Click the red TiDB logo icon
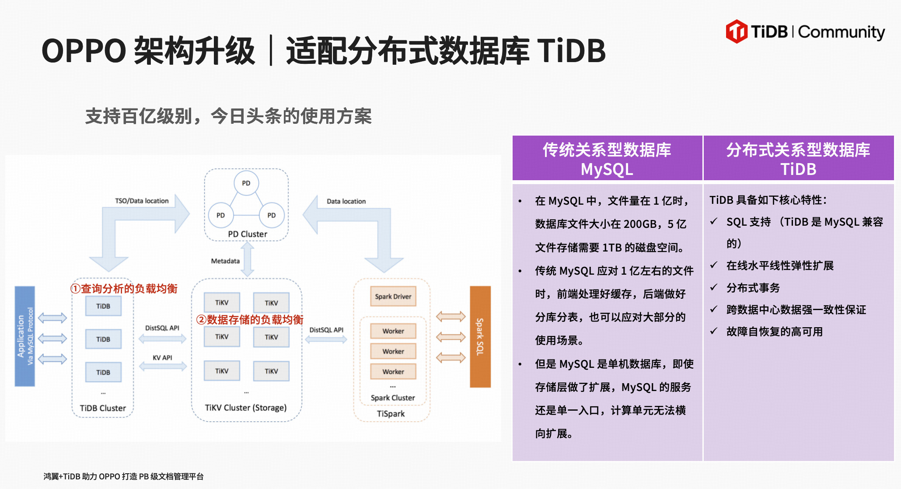coord(737,31)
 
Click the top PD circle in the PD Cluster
coord(246,183)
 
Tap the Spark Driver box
coord(393,297)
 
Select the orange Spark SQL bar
coord(480,336)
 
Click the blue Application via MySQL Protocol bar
coord(25,336)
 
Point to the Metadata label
coord(225,261)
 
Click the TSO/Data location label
coord(142,201)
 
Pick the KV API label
coord(162,357)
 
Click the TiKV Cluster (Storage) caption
coord(246,408)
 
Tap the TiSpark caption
coord(391,414)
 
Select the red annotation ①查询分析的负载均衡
coord(124,289)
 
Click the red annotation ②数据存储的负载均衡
coord(250,320)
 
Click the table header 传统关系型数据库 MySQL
coord(607,159)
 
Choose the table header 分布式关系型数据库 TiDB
coord(798,159)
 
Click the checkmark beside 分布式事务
coord(714,287)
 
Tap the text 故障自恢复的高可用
coord(774,332)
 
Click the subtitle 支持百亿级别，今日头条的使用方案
coord(228,116)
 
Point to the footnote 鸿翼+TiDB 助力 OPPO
coord(123,476)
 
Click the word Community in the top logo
coord(842,32)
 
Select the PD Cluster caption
coord(248,234)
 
